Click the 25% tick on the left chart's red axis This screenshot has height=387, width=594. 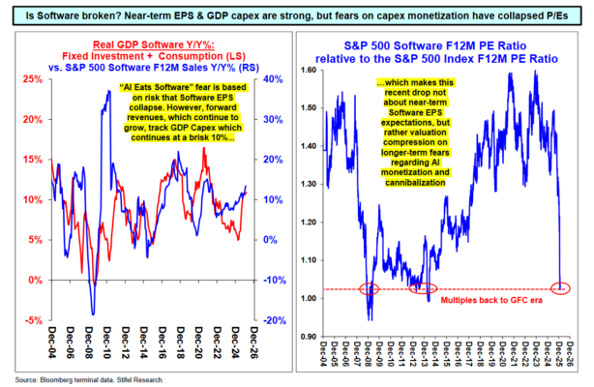pyautogui.click(x=32, y=79)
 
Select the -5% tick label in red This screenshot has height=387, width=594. pyautogui.click(x=33, y=320)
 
